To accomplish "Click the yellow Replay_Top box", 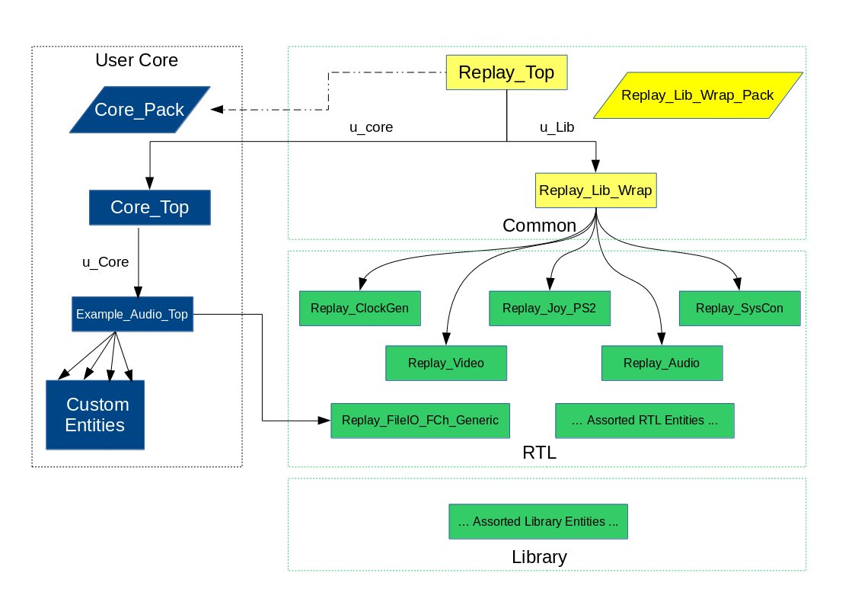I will click(x=506, y=73).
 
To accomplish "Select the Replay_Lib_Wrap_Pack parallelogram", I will click(x=697, y=95).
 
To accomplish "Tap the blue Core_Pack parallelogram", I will click(x=139, y=110).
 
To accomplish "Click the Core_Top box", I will click(x=149, y=207).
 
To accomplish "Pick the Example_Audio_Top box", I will click(x=132, y=313).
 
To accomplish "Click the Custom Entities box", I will click(x=96, y=415).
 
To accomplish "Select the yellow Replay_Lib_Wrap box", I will click(x=595, y=190).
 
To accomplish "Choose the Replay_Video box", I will click(x=446, y=363).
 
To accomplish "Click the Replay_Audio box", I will click(x=661, y=363).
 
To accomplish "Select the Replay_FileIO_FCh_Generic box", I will click(x=420, y=420).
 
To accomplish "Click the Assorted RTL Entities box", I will click(x=644, y=420).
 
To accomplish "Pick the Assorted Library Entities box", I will click(x=538, y=522).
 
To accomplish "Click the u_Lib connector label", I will click(x=557, y=128).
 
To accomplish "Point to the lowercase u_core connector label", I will click(x=371, y=128).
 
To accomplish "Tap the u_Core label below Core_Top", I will click(x=105, y=261).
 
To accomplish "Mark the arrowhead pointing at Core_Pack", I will click(x=217, y=110).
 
